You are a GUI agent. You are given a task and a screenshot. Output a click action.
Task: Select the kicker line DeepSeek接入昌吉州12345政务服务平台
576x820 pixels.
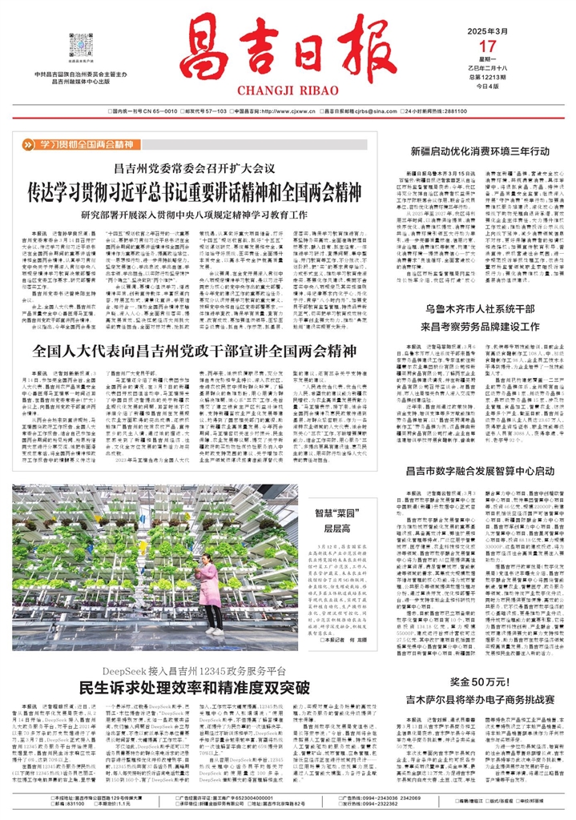coord(193,669)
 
